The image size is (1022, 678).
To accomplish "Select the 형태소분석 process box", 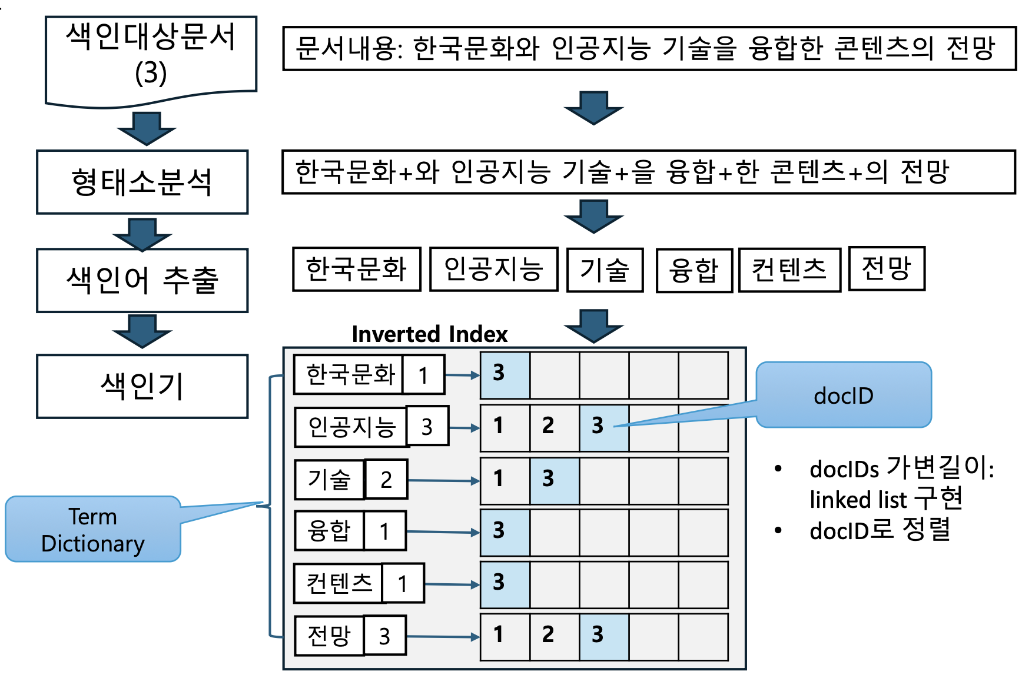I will pos(142,182).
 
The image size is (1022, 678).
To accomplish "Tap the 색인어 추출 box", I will pos(142,280).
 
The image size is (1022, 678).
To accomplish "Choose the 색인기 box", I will pos(142,386).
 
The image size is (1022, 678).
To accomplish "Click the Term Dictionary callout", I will pos(93,529).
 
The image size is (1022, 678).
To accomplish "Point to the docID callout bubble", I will pos(843,395).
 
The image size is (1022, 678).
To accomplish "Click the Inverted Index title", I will pos(429,334).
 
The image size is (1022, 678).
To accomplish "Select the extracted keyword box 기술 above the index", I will pos(605,270).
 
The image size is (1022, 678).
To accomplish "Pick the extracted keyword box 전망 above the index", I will pos(886,268).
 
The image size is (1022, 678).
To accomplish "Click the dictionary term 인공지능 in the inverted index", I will pos(351,427).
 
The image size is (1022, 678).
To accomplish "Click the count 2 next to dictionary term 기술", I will pos(386,480).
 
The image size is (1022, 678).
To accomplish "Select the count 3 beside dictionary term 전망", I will pos(384,636).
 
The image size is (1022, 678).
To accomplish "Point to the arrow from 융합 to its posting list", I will pos(443,532).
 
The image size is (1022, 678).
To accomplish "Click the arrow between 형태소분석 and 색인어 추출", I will pos(142,233).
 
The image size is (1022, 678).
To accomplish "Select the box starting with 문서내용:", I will pos(649,48).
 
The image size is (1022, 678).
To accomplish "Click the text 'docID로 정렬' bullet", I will pos(880,530).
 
